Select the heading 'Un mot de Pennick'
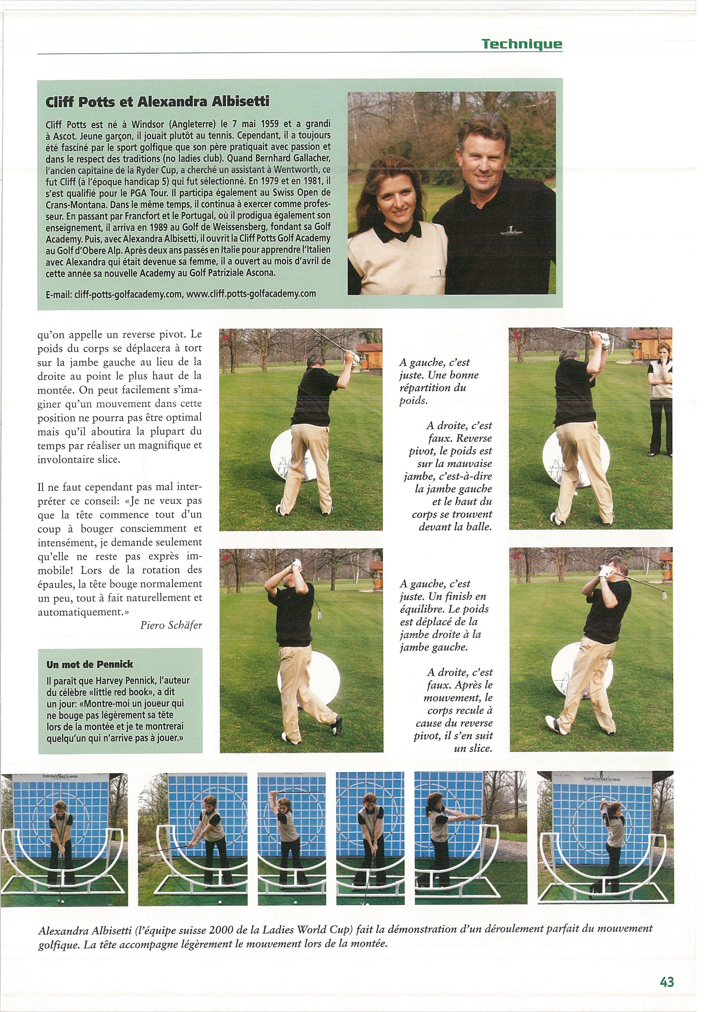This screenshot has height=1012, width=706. click(x=90, y=664)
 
